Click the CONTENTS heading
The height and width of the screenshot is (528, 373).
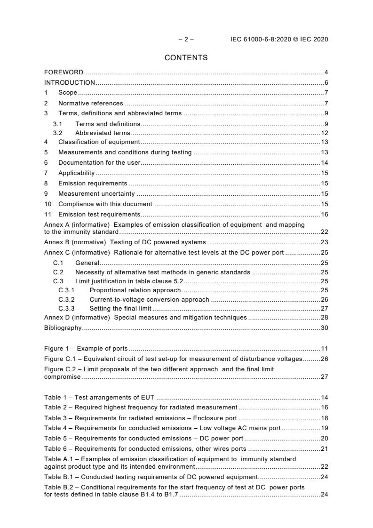click(x=186, y=58)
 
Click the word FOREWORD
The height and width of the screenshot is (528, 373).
click(x=63, y=72)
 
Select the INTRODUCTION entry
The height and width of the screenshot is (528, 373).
click(x=70, y=83)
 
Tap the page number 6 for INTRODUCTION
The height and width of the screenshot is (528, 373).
click(x=326, y=83)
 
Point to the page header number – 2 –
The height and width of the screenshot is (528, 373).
click(x=186, y=40)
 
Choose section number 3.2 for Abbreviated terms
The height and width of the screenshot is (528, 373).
click(x=57, y=133)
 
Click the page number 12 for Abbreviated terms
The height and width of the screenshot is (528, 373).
click(x=325, y=133)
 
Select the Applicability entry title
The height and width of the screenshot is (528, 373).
click(x=76, y=173)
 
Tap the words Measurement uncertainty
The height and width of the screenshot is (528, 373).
click(x=96, y=193)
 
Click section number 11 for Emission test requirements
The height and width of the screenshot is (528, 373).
click(x=48, y=215)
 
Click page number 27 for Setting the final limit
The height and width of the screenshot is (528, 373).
click(x=325, y=309)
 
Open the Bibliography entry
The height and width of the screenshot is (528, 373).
click(x=63, y=328)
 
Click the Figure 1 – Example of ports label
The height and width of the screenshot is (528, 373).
click(x=86, y=349)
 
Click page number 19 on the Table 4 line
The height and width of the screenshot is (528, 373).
click(x=325, y=428)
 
